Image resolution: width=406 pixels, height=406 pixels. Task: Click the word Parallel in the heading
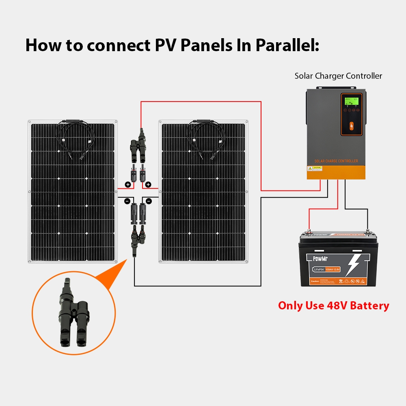pos(287,45)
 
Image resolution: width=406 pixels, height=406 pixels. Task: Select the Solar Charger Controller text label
pos(338,76)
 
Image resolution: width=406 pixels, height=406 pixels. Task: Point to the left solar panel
pos(72,191)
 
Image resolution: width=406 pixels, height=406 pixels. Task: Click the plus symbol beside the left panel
pos(128,185)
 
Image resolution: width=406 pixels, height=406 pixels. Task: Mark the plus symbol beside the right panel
pos(148,185)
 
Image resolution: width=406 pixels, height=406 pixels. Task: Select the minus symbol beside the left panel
pos(127,201)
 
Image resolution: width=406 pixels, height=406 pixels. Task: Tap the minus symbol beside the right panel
pos(149,201)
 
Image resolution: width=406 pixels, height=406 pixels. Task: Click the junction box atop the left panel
pos(72,121)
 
